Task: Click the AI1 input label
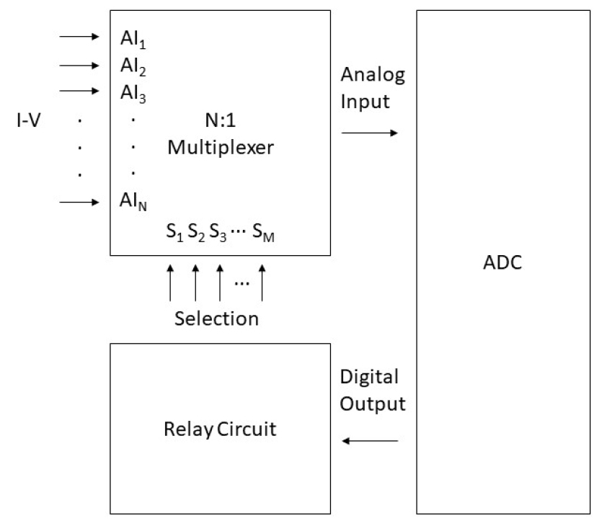133,38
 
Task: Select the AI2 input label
133,66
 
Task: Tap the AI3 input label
133,93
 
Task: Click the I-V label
28,118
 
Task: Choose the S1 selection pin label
174,233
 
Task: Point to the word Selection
216,318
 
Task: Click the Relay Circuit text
220,430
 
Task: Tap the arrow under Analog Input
369,133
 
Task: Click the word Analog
373,75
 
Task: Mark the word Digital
369,378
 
